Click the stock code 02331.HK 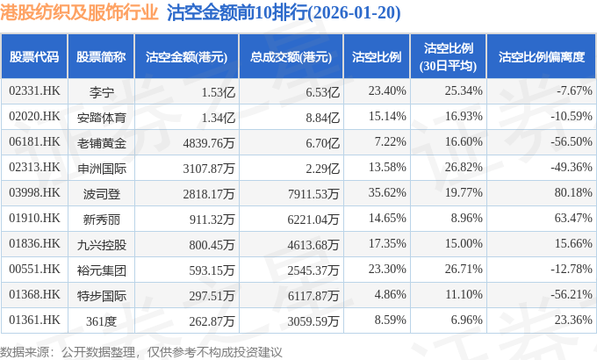(x=33, y=91)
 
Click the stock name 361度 (x=102, y=320)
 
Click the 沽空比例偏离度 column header (x=541, y=56)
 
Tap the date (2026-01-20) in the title (x=330, y=13)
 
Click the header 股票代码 (x=34, y=56)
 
